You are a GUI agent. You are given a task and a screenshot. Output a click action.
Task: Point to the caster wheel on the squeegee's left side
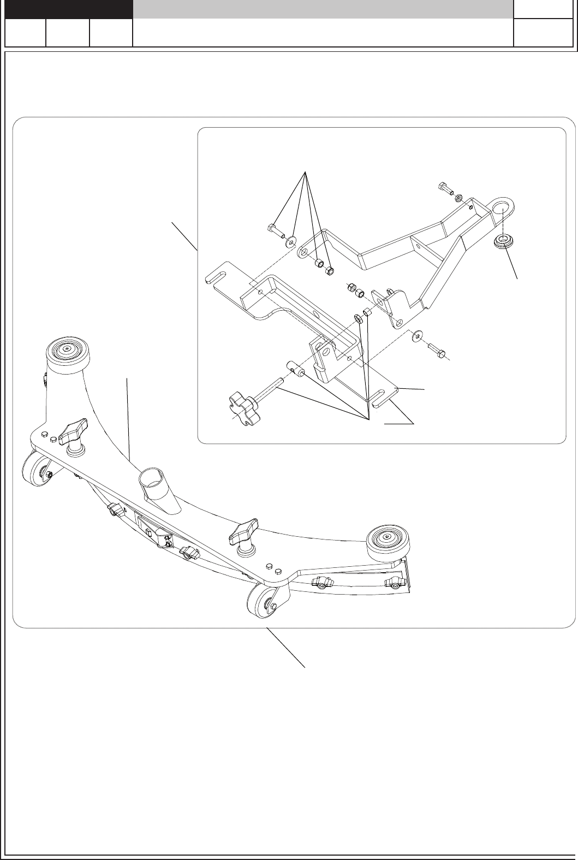37,471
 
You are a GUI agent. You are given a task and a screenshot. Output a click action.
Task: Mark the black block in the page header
69,9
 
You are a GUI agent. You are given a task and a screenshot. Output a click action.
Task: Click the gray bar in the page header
323,9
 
